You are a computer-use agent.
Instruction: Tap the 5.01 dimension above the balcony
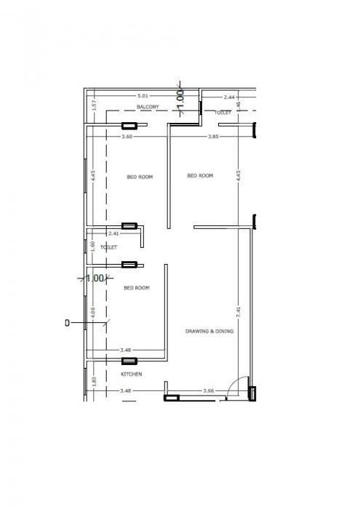click(143, 97)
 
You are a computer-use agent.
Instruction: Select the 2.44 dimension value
click(229, 97)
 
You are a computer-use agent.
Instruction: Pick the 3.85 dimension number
click(214, 137)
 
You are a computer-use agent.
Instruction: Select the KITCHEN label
click(131, 374)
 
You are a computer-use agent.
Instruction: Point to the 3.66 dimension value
click(209, 390)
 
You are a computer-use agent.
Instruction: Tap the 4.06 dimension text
click(94, 313)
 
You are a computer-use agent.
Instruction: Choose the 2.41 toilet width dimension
click(113, 233)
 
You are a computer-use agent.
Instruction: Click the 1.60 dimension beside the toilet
click(94, 246)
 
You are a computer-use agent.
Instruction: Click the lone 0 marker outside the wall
click(67, 322)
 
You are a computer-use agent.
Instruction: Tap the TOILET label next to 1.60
click(109, 247)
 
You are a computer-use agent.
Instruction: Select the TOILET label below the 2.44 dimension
click(223, 113)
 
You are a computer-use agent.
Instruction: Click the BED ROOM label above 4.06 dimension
click(136, 288)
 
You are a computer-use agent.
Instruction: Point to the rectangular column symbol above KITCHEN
click(129, 361)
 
